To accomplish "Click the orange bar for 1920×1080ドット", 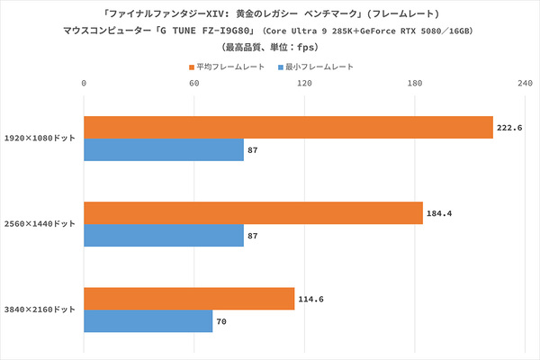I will tap(288, 127).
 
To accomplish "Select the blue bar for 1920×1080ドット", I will tap(164, 149).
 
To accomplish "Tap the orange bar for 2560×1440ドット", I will tap(253, 213).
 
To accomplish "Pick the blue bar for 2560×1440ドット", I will tap(164, 235).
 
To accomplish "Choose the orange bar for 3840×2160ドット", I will tap(189, 299).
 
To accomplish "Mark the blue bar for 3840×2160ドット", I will tap(148, 320).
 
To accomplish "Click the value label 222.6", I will tap(508, 128).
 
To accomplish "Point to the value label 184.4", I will tap(439, 213).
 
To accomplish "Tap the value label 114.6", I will tap(310, 299).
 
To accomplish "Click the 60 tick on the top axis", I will tap(193, 84).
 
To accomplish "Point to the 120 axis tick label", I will tap(304, 84).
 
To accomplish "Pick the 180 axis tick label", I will tap(414, 84).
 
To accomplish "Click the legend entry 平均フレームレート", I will tap(230, 67).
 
